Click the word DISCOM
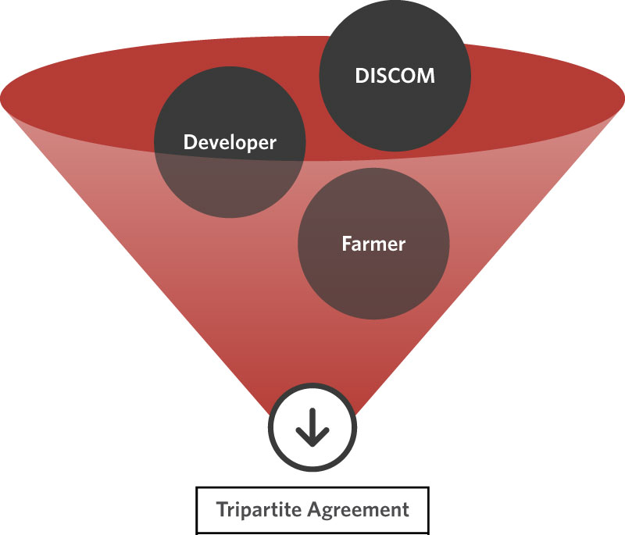(395, 77)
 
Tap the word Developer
(229, 142)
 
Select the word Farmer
(373, 243)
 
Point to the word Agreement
(361, 511)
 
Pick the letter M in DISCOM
(426, 77)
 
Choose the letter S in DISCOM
(382, 77)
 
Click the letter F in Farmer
(346, 243)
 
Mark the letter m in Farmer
(378, 244)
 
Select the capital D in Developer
(188, 142)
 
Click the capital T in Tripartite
(222, 510)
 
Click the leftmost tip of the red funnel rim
(1, 99)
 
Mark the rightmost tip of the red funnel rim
(623, 99)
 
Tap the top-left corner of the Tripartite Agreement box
(197, 488)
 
